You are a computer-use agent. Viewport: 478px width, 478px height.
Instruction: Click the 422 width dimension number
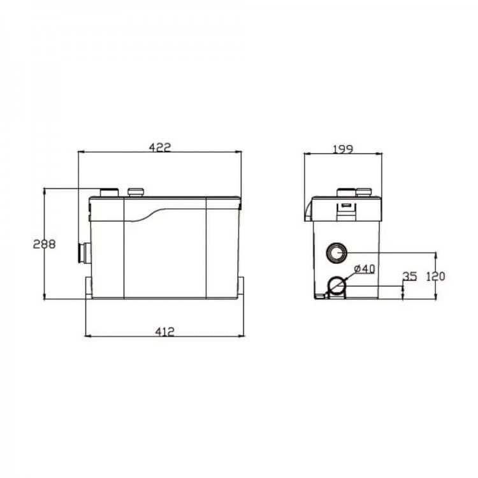(160, 147)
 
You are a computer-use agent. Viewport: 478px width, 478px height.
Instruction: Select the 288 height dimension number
(45, 244)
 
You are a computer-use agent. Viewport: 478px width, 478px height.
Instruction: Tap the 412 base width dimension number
(164, 331)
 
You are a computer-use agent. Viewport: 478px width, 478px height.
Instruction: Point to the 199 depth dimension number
(343, 149)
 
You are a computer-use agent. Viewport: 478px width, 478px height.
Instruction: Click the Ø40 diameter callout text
(365, 269)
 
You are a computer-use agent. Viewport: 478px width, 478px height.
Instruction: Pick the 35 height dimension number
(409, 276)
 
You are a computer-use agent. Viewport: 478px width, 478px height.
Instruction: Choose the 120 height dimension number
(435, 277)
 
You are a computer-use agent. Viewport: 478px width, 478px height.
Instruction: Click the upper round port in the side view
(337, 253)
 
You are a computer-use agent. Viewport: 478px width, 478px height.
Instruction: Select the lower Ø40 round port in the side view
(337, 286)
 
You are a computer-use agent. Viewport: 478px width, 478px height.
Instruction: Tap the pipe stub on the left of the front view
(85, 252)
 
